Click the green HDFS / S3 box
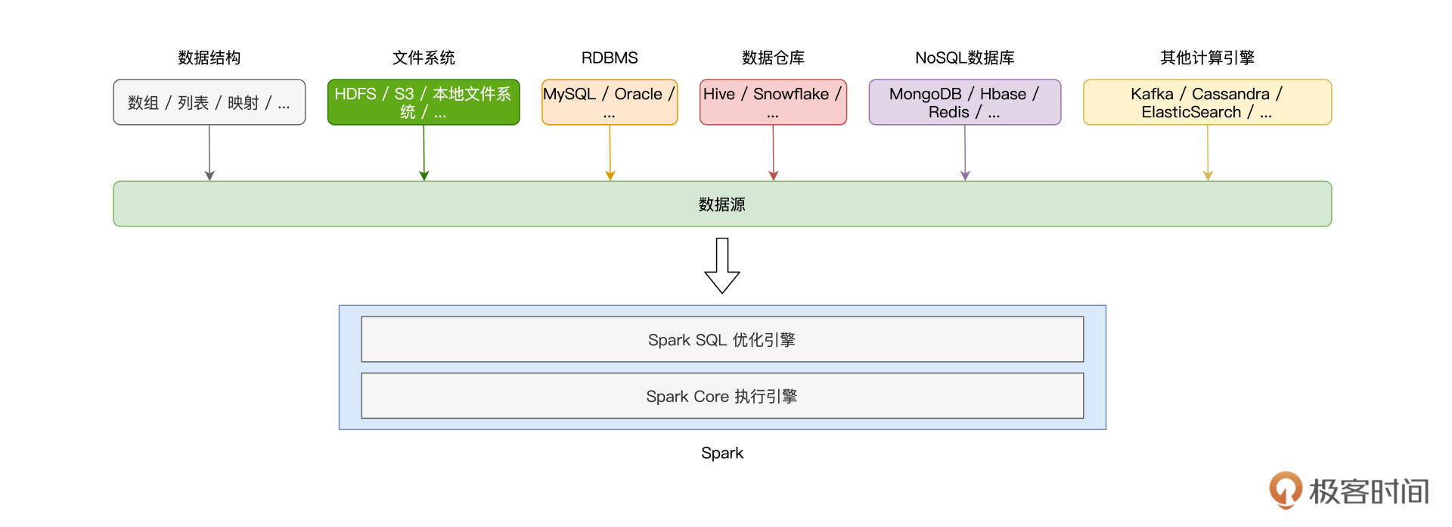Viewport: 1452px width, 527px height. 423,102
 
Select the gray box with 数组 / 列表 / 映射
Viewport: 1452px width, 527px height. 209,102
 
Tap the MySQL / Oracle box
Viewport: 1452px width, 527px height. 610,102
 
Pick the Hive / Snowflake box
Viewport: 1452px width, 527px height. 773,102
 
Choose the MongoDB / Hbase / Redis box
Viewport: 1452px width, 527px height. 964,102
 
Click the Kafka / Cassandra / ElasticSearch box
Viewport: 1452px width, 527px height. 1207,102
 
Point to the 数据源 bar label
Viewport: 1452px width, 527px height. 721,204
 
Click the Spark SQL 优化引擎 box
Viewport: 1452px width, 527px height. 721,339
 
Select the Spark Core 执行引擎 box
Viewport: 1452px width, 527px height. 721,396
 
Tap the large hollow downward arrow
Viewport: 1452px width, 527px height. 721,266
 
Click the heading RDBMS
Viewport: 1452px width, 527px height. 610,58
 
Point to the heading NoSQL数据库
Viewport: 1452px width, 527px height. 964,58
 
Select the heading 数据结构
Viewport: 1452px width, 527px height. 209,58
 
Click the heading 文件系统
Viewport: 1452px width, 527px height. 423,58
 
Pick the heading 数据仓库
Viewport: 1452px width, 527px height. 773,58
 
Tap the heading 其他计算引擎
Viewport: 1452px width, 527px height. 1207,58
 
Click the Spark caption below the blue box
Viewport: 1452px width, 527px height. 721,453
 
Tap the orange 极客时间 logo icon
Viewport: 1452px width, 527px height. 1285,489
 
